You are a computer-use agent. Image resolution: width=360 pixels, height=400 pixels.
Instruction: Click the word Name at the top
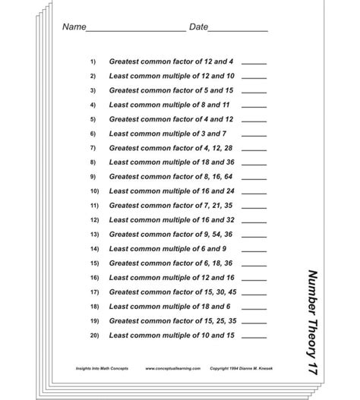pyautogui.click(x=73, y=27)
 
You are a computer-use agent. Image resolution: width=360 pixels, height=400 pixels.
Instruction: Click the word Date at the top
pyautogui.click(x=197, y=27)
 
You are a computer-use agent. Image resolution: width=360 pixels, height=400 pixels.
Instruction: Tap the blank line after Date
pyautogui.click(x=238, y=31)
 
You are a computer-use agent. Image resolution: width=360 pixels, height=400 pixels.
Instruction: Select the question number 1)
pyautogui.click(x=93, y=61)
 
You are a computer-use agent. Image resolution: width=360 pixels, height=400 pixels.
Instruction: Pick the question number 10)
pyautogui.click(x=94, y=191)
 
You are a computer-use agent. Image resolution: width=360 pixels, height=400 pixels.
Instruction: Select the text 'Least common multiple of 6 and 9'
pyautogui.click(x=168, y=248)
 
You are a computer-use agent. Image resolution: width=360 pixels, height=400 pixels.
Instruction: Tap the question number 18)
pyautogui.click(x=94, y=307)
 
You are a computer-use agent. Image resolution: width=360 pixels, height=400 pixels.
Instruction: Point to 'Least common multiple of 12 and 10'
pyautogui.click(x=172, y=76)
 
